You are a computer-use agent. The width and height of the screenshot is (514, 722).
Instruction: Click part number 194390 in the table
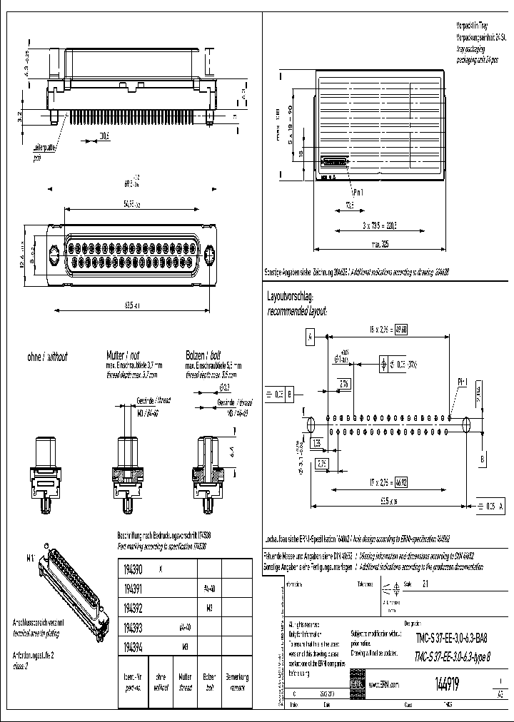133,570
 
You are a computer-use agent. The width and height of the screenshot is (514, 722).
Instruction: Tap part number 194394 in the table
133,648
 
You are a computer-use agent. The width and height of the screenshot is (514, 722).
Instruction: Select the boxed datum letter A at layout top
311,335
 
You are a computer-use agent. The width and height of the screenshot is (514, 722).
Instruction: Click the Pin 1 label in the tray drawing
340,192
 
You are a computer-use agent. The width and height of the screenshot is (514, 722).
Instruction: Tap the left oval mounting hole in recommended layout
311,424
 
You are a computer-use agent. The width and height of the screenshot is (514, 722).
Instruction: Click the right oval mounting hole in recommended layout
468,424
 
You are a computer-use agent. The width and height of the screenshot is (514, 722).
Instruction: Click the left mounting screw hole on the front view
54,253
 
